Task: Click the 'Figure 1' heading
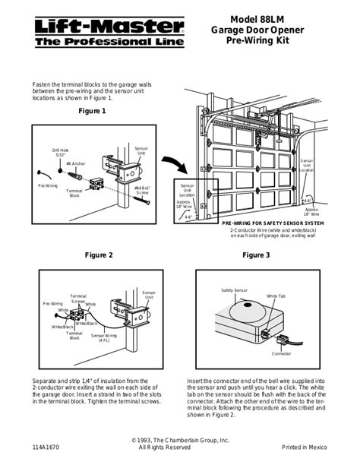click(x=92, y=111)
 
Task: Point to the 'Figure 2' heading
click(x=99, y=255)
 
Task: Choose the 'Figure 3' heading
click(x=256, y=255)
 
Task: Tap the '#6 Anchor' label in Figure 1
click(x=74, y=163)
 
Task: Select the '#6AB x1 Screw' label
click(x=142, y=190)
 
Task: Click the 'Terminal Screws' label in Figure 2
click(x=78, y=299)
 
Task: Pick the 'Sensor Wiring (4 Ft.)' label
click(x=104, y=337)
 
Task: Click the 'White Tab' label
click(x=276, y=296)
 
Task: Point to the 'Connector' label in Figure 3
click(x=282, y=353)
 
